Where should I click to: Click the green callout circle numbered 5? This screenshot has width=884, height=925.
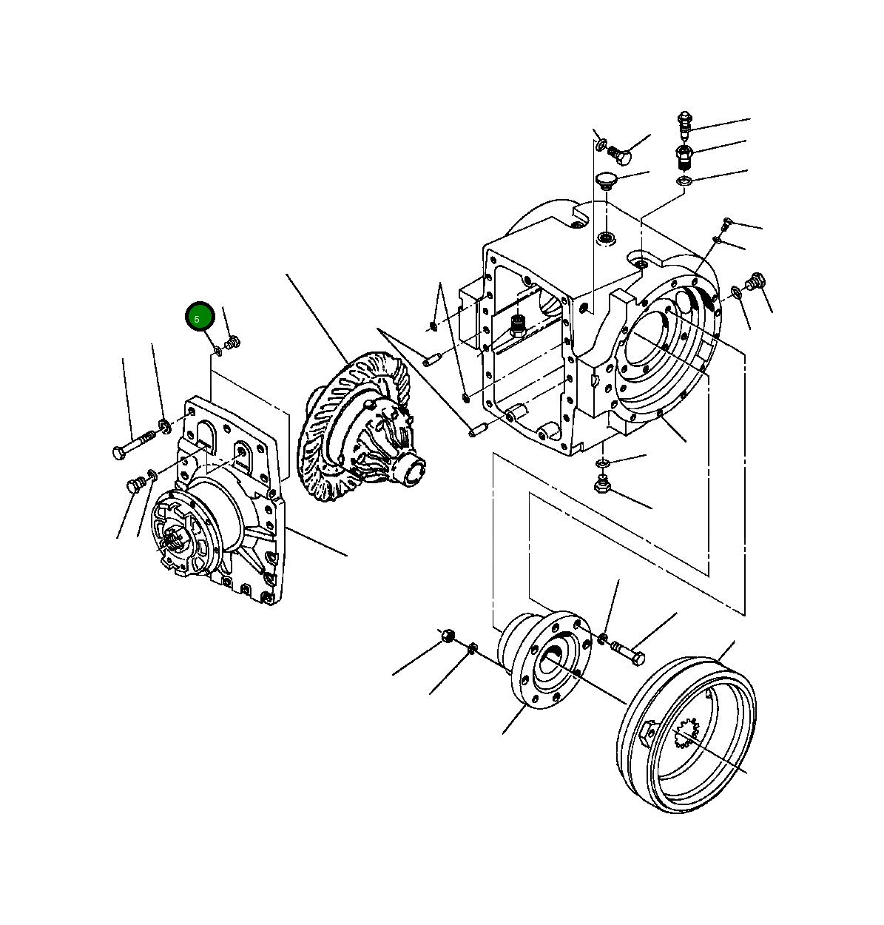coord(199,317)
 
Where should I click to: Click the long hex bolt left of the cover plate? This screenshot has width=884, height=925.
coord(131,446)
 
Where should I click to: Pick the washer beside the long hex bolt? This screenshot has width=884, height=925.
coord(163,425)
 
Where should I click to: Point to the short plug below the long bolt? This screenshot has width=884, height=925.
coord(135,485)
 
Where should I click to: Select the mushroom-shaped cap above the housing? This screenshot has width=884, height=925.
coord(607,181)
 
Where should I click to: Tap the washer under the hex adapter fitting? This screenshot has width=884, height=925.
coord(684,181)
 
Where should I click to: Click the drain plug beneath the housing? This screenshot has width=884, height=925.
coord(601,485)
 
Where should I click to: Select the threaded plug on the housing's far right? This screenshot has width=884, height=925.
coord(755,282)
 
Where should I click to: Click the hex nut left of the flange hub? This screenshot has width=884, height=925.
coord(448,636)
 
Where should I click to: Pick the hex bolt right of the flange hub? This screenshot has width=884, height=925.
coord(628,654)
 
